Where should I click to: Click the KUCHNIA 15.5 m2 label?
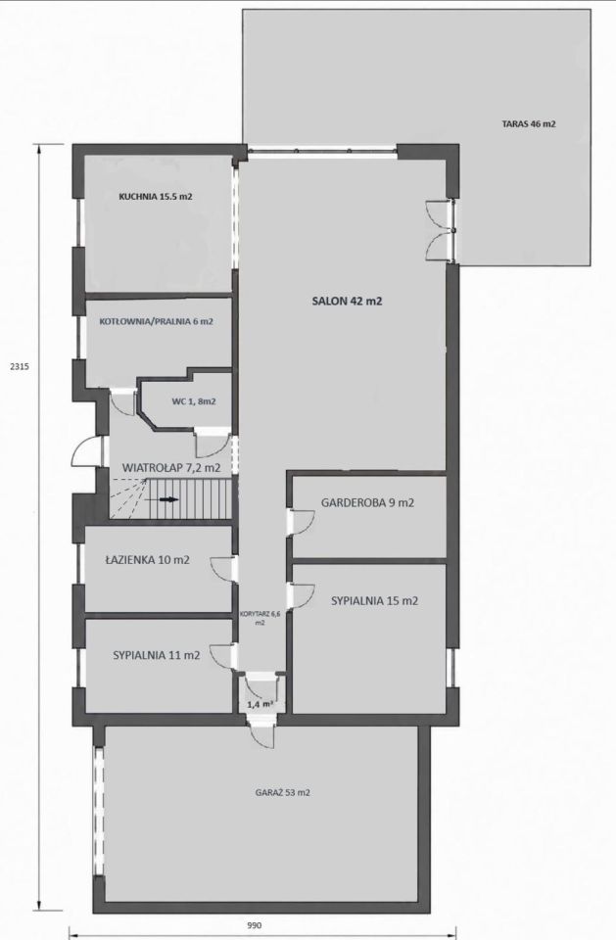pyautogui.click(x=156, y=196)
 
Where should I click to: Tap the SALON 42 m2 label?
pyautogui.click(x=347, y=301)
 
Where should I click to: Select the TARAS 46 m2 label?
pyautogui.click(x=529, y=124)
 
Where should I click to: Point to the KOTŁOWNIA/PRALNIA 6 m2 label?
pyautogui.click(x=156, y=321)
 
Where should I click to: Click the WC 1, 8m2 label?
pyautogui.click(x=194, y=401)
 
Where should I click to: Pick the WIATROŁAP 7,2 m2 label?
pyautogui.click(x=171, y=468)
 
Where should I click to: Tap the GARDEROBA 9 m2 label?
pyautogui.click(x=367, y=503)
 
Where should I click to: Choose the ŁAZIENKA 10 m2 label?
pyautogui.click(x=147, y=560)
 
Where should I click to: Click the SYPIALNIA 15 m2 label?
pyautogui.click(x=374, y=600)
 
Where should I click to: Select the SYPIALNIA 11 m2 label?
pyautogui.click(x=157, y=655)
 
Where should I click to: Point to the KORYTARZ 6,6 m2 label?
pyautogui.click(x=260, y=618)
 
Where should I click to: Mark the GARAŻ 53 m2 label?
pyautogui.click(x=282, y=792)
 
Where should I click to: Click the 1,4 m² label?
pyautogui.click(x=260, y=704)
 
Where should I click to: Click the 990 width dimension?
pyautogui.click(x=255, y=925)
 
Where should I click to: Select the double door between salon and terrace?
pyautogui.click(x=441, y=231)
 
